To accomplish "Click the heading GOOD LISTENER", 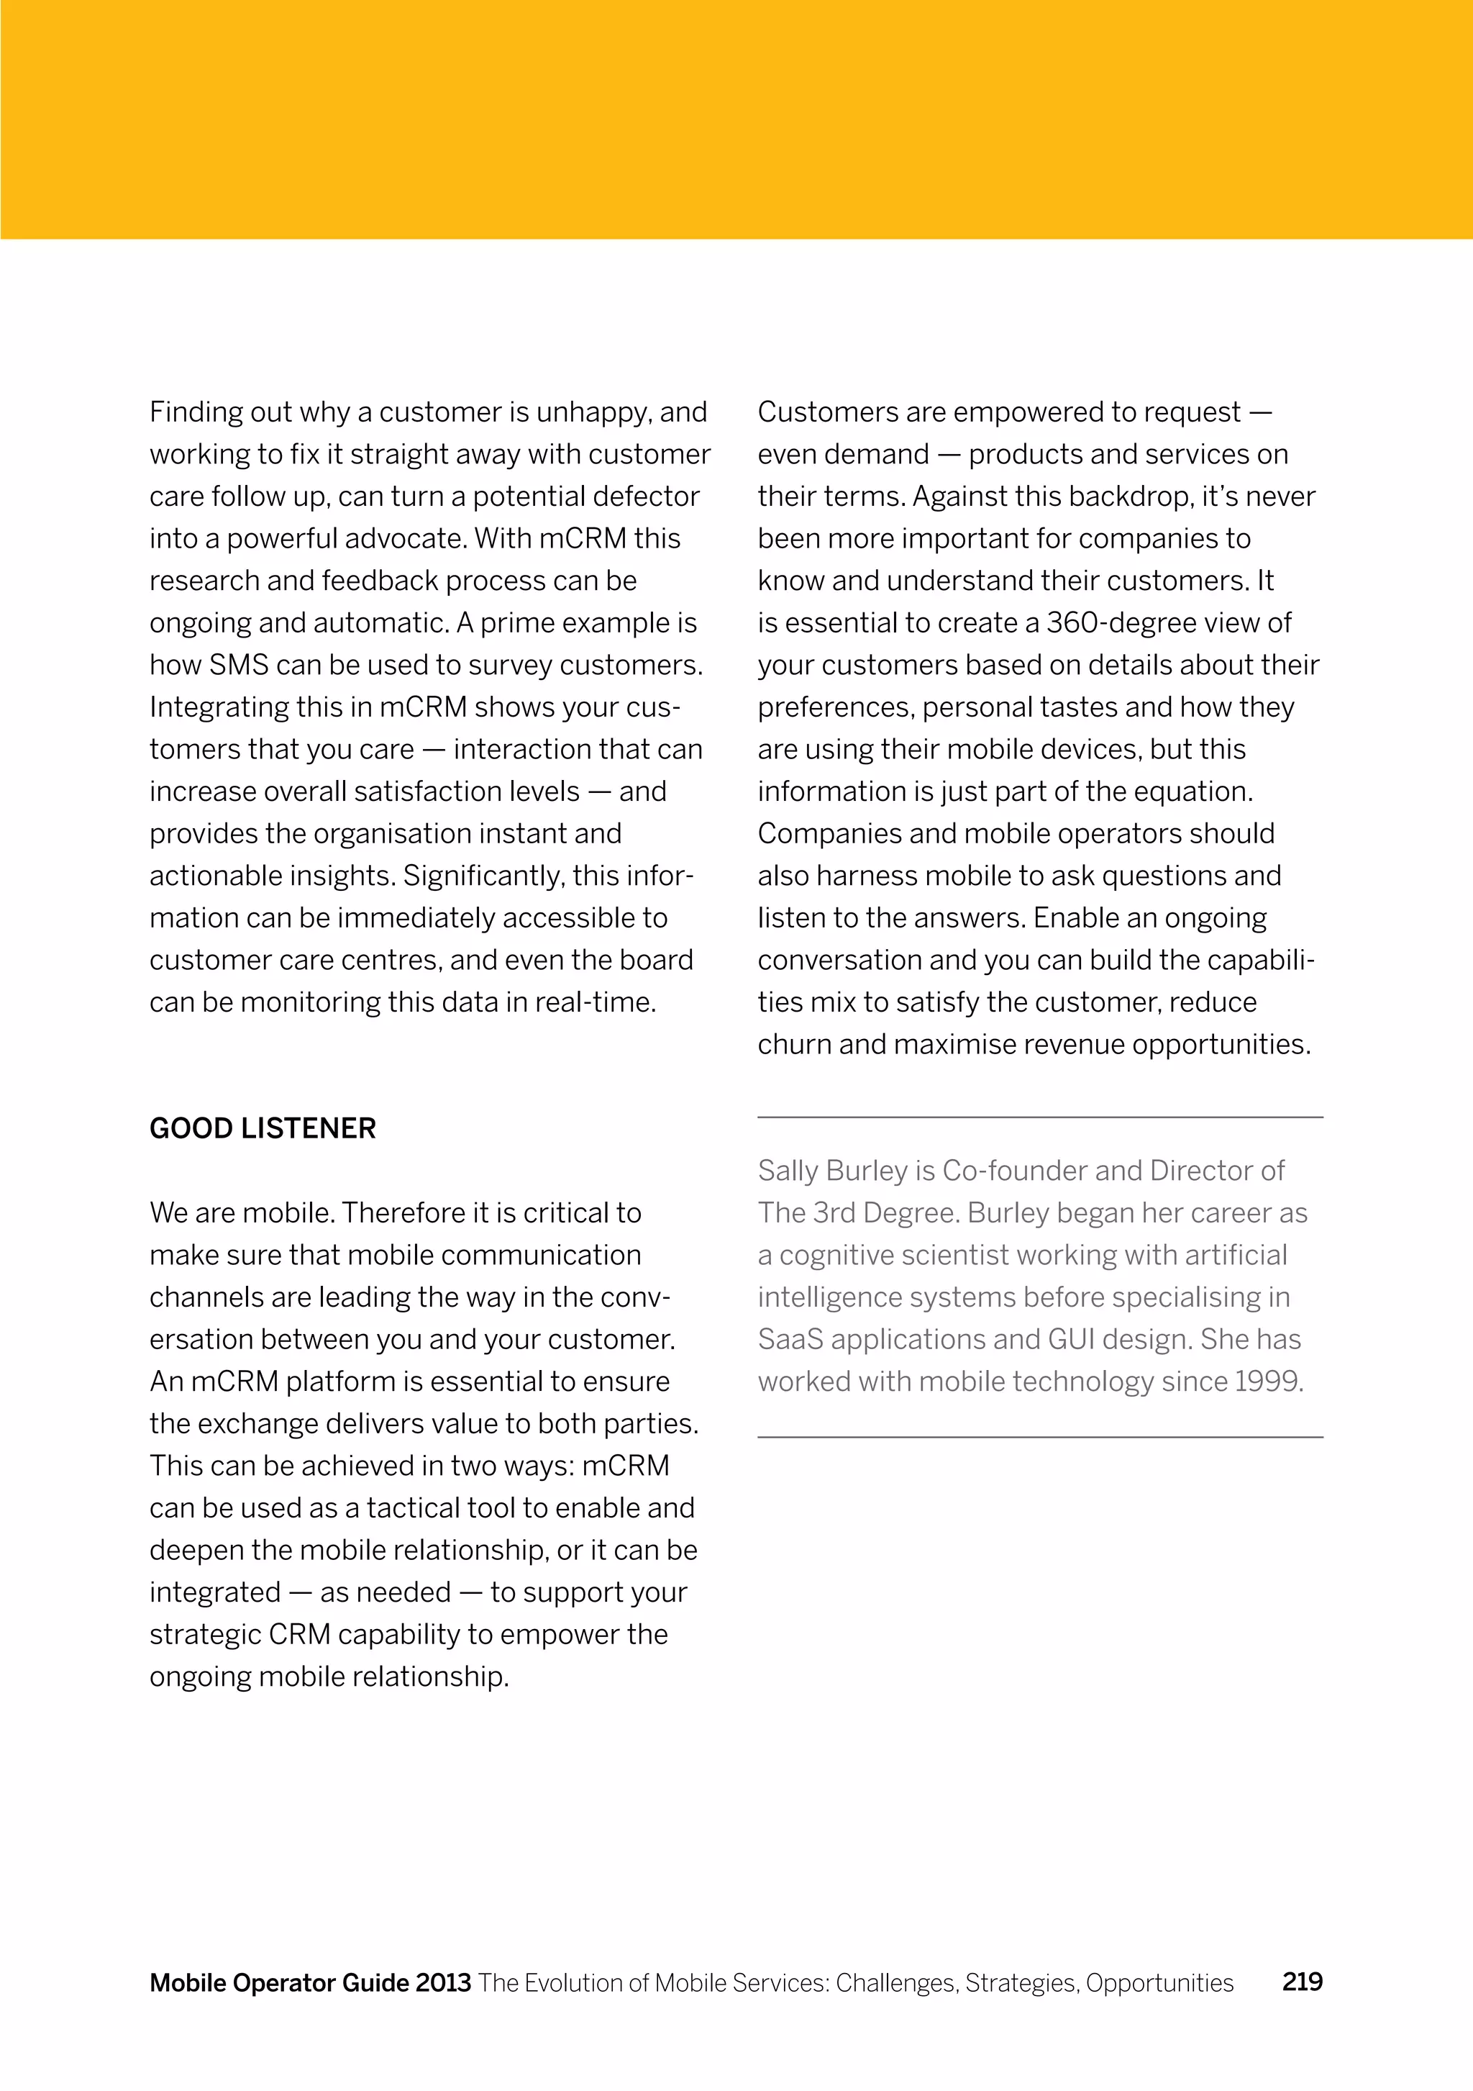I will pos(263,1128).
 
